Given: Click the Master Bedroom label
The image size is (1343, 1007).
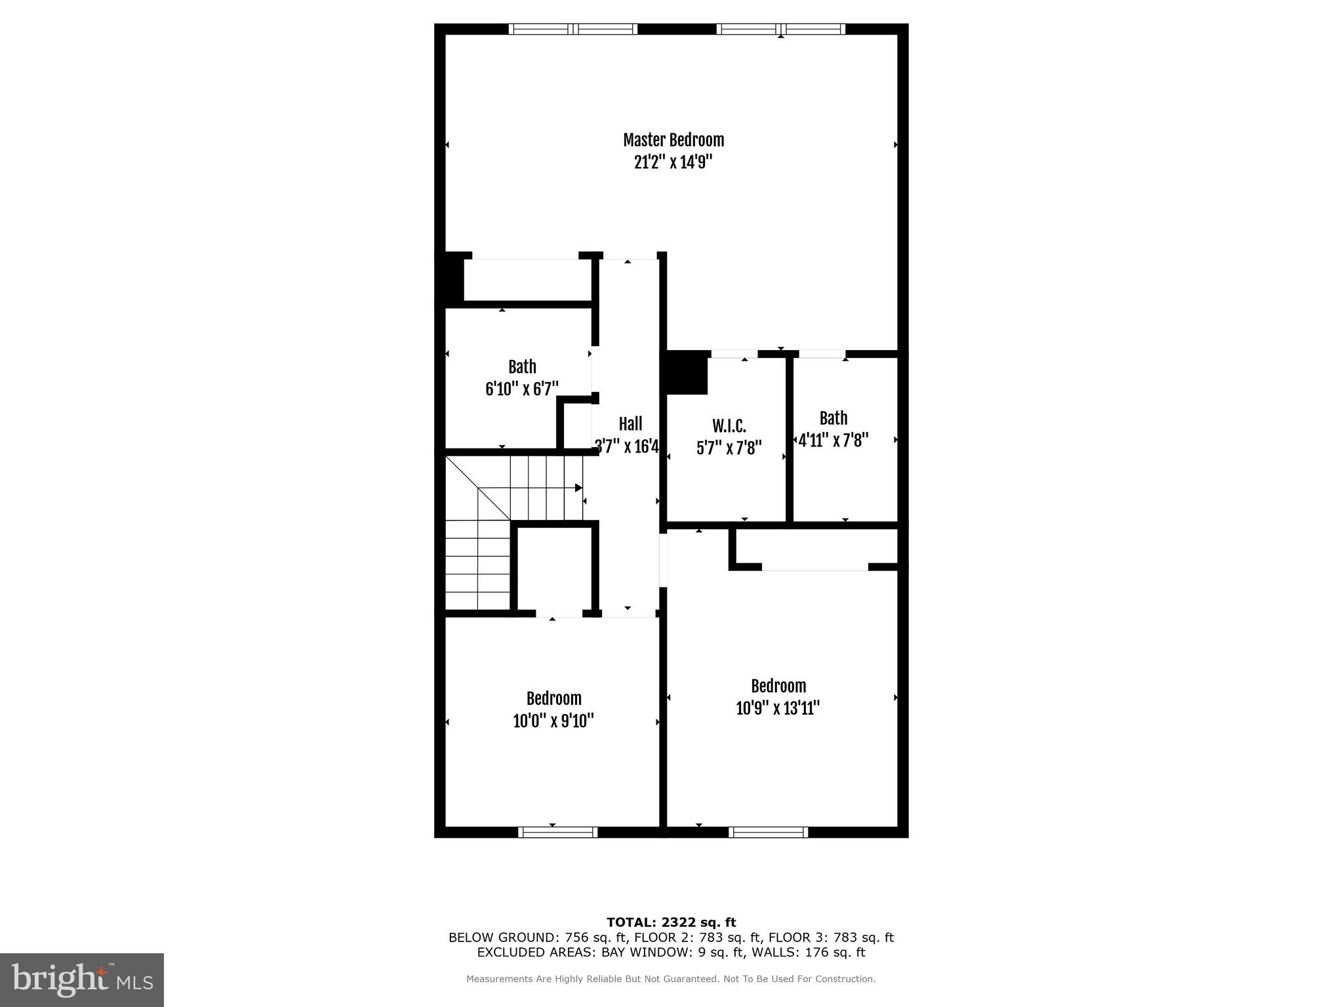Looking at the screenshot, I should click(x=673, y=140).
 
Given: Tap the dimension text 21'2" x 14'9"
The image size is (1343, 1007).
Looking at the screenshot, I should click(x=673, y=163).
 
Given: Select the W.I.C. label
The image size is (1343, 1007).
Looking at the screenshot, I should click(x=729, y=426).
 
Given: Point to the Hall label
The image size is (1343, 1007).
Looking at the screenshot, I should click(x=630, y=424).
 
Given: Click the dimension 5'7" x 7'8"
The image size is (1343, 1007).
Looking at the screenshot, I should click(x=729, y=448).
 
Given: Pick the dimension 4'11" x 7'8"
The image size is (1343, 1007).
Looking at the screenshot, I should click(x=833, y=440).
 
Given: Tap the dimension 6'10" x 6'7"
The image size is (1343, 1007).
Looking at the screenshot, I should click(x=522, y=389).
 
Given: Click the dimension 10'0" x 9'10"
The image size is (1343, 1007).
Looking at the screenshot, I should click(x=553, y=721).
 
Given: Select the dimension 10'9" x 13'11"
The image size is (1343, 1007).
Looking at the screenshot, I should click(x=778, y=709).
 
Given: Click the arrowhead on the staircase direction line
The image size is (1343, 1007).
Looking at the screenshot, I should click(x=578, y=488).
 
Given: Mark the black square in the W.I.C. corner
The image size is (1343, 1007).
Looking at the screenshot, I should click(x=687, y=372).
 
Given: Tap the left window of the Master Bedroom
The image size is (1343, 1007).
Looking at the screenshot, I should click(x=573, y=29).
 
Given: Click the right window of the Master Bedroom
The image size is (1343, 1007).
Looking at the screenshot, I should click(x=780, y=29).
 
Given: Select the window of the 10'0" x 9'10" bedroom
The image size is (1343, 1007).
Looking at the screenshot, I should click(x=557, y=833).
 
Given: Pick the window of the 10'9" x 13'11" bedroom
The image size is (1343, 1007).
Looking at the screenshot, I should click(x=768, y=833).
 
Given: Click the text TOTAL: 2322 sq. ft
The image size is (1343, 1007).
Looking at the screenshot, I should click(x=671, y=922).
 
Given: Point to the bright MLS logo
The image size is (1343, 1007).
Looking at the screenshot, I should click(x=82, y=979).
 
